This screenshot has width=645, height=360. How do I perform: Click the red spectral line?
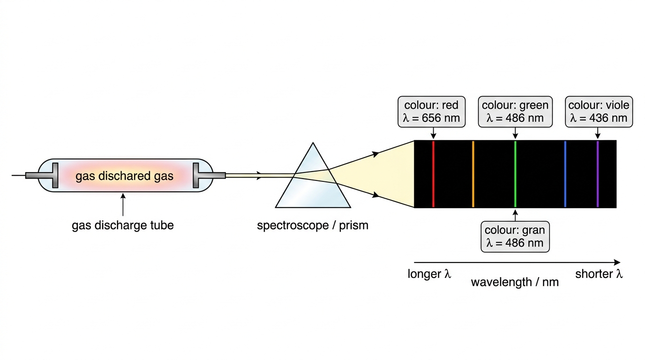433,174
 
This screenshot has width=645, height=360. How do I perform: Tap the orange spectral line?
473,174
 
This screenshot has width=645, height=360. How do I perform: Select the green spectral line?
515,174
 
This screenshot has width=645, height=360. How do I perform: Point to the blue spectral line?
565,174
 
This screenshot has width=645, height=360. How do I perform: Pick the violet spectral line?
598,174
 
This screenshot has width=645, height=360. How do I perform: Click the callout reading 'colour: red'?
431,112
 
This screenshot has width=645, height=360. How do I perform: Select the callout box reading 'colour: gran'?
515,237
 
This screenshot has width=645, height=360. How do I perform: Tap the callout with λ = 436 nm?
599,112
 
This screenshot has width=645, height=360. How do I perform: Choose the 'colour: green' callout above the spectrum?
515,112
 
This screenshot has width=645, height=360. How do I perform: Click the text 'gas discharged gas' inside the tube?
124,176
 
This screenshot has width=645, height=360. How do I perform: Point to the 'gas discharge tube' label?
123,225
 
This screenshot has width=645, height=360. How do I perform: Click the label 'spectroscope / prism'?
313,225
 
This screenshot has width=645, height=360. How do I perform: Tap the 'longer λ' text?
429,274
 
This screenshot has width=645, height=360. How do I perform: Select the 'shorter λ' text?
599,274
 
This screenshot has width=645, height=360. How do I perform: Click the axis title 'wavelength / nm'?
515,282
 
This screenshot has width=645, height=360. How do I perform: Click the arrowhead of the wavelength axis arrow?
617,262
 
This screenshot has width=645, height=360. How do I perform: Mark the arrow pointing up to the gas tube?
123,204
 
